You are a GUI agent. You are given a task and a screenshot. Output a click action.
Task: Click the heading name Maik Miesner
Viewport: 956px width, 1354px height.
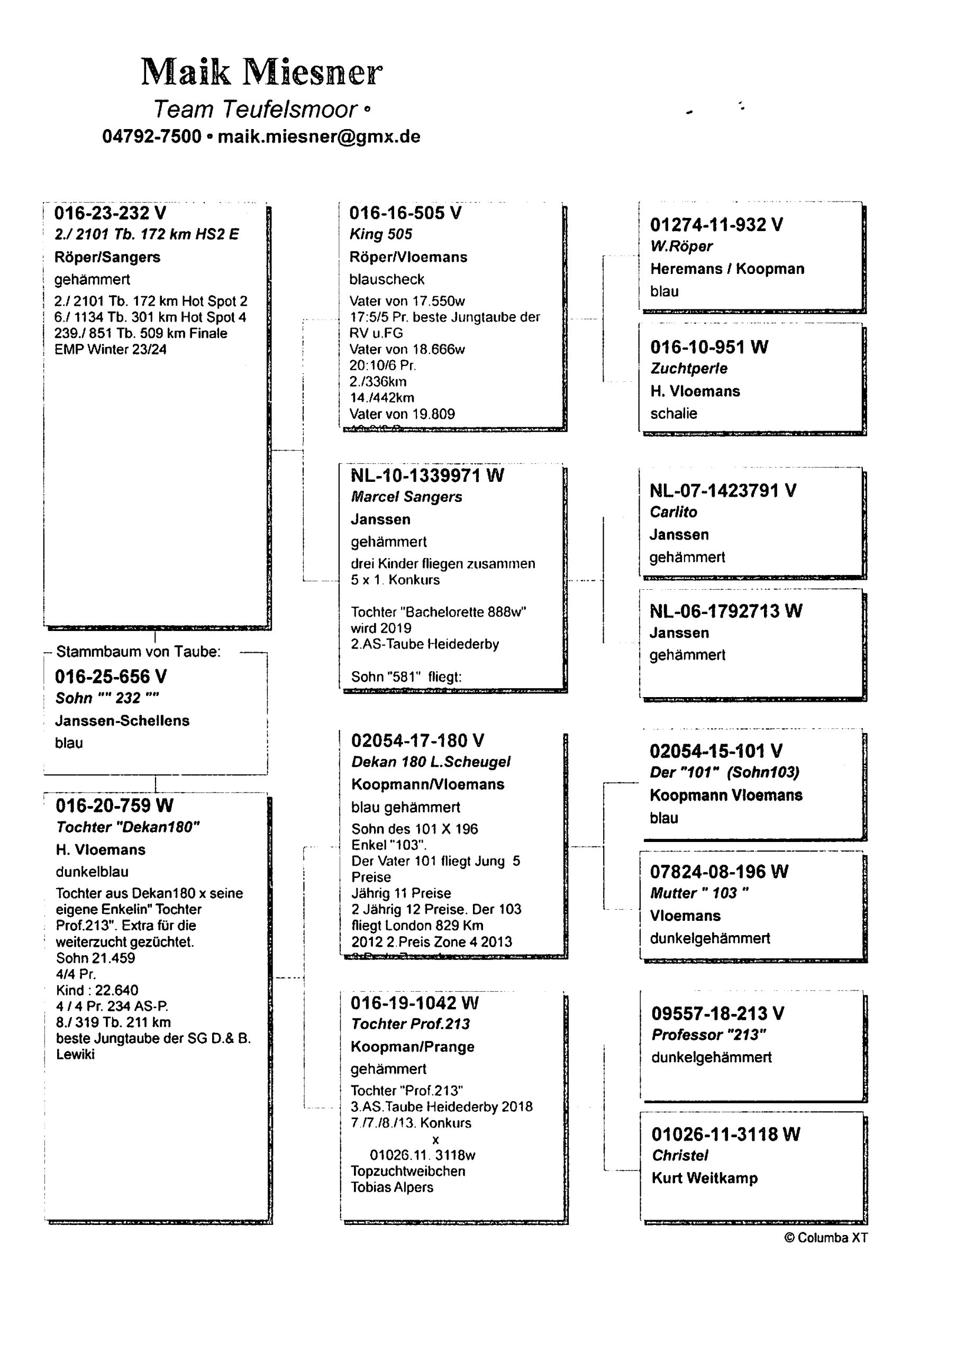261,72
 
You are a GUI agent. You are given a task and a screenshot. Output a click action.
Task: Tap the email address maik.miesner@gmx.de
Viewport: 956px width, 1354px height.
318,136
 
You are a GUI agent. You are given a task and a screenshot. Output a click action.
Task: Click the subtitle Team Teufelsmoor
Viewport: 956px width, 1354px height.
256,109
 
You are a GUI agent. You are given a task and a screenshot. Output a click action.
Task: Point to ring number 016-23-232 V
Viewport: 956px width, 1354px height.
110,213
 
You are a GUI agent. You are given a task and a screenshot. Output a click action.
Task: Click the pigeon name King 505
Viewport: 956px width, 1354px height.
380,234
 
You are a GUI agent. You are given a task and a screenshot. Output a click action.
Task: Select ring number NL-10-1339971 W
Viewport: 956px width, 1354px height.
427,475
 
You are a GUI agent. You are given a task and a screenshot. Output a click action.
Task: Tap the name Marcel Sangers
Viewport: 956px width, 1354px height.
406,497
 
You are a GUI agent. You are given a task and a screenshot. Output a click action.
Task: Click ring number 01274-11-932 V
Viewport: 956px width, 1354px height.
716,225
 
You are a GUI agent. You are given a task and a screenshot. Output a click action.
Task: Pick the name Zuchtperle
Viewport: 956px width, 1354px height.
689,369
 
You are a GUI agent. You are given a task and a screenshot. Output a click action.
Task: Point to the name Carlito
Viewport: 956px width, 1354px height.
673,512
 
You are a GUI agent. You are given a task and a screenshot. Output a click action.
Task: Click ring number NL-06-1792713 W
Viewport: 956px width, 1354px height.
725,611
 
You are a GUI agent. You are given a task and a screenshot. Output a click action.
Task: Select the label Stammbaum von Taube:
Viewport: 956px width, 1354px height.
138,652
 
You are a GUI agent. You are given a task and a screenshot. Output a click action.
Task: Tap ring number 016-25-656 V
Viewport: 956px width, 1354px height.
111,676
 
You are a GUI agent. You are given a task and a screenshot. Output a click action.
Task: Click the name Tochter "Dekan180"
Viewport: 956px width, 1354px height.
128,827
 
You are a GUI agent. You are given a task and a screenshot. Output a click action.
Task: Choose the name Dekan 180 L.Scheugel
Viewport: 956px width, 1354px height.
431,762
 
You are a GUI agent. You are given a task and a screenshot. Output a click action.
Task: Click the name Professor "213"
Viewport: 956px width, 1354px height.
709,1035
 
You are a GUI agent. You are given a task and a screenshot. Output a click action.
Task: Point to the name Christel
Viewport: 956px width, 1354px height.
679,1155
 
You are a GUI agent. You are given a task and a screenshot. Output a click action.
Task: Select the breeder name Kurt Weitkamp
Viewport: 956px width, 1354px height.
704,1178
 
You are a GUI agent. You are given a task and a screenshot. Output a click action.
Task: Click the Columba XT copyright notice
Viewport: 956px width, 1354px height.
826,1238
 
